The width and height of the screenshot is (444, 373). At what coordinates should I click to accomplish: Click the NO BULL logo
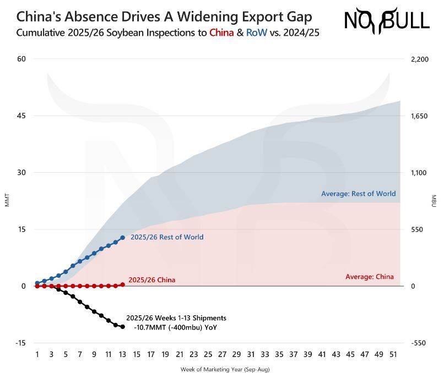387,20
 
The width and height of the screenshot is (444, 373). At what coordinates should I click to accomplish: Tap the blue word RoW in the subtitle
256,32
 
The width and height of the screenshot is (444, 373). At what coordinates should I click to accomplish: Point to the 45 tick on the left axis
21,116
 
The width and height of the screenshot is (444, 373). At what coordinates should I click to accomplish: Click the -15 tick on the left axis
20,343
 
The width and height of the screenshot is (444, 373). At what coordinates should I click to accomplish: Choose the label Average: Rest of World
358,194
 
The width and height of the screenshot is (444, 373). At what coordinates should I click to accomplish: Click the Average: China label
369,277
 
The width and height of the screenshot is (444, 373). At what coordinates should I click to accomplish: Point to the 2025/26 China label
151,280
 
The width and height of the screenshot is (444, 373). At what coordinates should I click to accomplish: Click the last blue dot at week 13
122,237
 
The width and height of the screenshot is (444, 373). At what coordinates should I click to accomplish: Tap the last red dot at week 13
122,284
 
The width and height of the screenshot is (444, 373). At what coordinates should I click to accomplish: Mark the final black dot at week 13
122,327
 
